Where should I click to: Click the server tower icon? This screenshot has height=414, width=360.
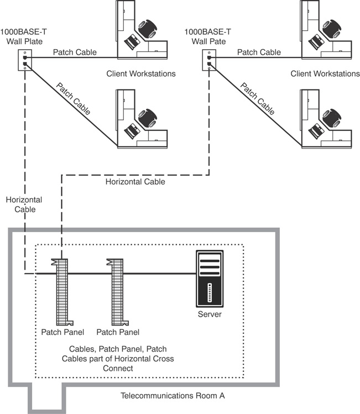210,279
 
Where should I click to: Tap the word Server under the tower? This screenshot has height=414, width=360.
210,314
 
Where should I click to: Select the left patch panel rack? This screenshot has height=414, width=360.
62,292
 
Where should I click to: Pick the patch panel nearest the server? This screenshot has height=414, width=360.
118,292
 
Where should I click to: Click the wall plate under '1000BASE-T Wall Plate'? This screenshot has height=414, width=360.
25,60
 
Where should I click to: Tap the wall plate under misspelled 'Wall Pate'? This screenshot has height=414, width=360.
209,60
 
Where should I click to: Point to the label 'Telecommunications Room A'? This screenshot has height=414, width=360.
173,396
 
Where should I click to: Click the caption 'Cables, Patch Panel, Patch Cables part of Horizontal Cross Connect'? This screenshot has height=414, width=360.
118,359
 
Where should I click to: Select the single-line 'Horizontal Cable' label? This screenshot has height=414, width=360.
135,182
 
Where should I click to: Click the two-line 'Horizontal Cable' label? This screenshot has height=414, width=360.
24,205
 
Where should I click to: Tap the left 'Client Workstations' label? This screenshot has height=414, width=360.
141,74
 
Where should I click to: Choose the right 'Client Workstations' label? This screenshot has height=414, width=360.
325,74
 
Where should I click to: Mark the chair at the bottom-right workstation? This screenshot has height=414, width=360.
332,118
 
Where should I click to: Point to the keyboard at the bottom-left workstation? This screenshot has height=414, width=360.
132,130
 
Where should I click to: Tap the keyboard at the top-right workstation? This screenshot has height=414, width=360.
316,41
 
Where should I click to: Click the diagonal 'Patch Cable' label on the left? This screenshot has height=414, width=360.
73,99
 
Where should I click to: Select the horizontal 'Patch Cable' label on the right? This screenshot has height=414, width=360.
259,53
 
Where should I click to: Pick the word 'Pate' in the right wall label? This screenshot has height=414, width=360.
218,41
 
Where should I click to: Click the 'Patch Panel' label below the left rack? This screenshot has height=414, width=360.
62,332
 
